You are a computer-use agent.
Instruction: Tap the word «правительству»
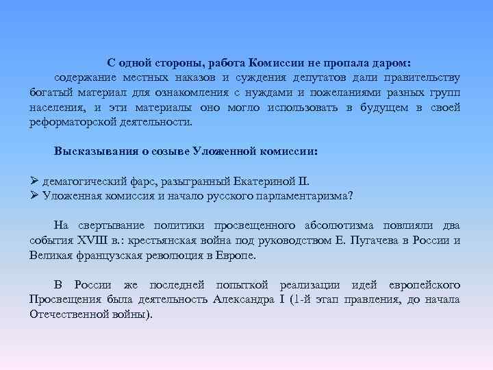pyautogui.click(x=419, y=77)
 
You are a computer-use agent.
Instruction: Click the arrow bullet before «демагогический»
pyautogui.click(x=34, y=182)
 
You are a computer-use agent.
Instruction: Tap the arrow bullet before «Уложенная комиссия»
pyautogui.click(x=34, y=195)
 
